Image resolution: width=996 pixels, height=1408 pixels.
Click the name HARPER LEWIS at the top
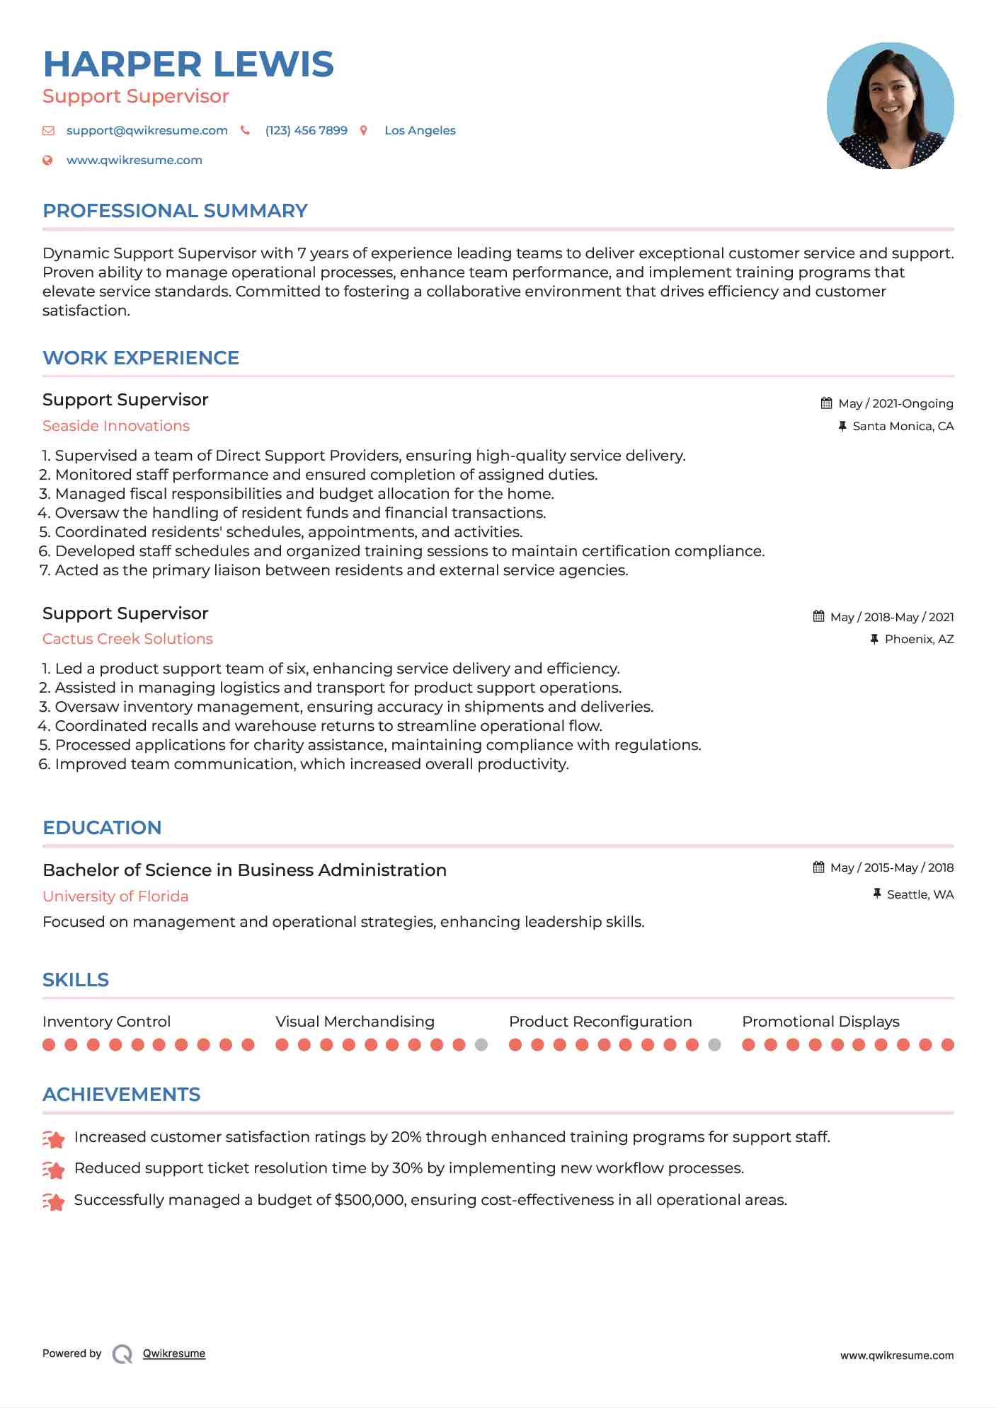(x=188, y=64)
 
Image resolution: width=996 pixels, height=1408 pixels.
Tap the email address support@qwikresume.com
(x=147, y=131)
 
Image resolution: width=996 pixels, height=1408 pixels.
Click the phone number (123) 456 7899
(x=306, y=131)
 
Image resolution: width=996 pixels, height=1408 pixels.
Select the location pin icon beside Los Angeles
(x=364, y=131)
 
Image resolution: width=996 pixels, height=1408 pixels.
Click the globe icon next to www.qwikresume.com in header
(x=47, y=161)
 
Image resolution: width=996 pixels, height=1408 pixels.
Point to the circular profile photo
(x=890, y=106)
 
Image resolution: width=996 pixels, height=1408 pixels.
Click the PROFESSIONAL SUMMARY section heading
(x=175, y=211)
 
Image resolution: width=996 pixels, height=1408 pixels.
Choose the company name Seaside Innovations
(x=116, y=426)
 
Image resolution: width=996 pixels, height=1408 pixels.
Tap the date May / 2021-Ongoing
(x=895, y=404)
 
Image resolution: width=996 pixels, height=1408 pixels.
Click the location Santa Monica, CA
(x=903, y=427)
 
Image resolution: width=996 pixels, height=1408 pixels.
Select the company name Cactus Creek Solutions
(x=127, y=639)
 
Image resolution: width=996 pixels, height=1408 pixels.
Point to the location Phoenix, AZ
(x=919, y=640)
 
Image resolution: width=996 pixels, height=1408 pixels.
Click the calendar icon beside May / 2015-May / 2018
(x=819, y=867)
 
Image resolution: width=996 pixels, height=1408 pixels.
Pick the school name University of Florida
(x=115, y=896)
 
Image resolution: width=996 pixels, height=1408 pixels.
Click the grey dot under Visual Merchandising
(x=481, y=1045)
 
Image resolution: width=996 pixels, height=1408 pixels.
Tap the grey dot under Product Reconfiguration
(x=715, y=1045)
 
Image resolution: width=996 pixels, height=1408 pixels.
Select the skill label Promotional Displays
(x=820, y=1022)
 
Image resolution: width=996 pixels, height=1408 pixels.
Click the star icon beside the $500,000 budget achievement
(x=54, y=1201)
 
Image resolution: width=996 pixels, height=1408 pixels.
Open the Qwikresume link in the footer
(x=174, y=1354)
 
